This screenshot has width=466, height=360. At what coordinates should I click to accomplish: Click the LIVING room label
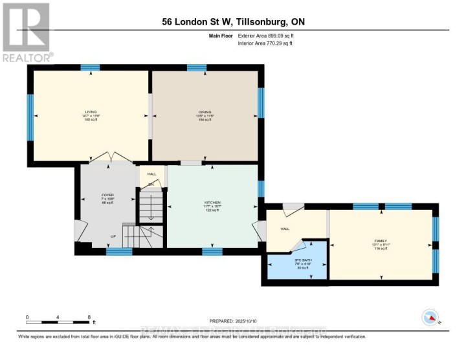pyautogui.click(x=90, y=112)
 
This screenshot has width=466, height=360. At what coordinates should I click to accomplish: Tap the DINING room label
pyautogui.click(x=205, y=112)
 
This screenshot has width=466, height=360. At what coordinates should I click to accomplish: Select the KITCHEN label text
pyautogui.click(x=212, y=203)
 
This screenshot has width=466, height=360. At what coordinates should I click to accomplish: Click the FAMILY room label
pyautogui.click(x=380, y=240)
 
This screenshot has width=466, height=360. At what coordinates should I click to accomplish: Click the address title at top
pyautogui.click(x=233, y=21)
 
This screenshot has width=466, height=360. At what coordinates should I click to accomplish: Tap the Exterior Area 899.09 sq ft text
pyautogui.click(x=266, y=36)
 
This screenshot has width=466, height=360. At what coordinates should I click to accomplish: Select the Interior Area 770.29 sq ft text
pyautogui.click(x=266, y=43)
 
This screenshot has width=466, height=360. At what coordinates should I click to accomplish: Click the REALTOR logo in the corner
pyautogui.click(x=26, y=32)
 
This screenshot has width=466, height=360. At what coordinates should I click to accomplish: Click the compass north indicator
pyautogui.click(x=430, y=317)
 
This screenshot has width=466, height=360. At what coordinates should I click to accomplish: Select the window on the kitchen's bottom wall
pyautogui.click(x=212, y=251)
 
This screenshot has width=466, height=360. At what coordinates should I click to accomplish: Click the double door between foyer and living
pyautogui.click(x=111, y=158)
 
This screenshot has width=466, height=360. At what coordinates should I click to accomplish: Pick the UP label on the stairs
pyautogui.click(x=113, y=237)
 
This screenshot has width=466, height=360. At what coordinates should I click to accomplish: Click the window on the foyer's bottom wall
pyautogui.click(x=119, y=251)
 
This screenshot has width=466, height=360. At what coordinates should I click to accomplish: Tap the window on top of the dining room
pyautogui.click(x=197, y=67)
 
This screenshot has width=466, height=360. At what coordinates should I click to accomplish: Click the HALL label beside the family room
pyautogui.click(x=284, y=229)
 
